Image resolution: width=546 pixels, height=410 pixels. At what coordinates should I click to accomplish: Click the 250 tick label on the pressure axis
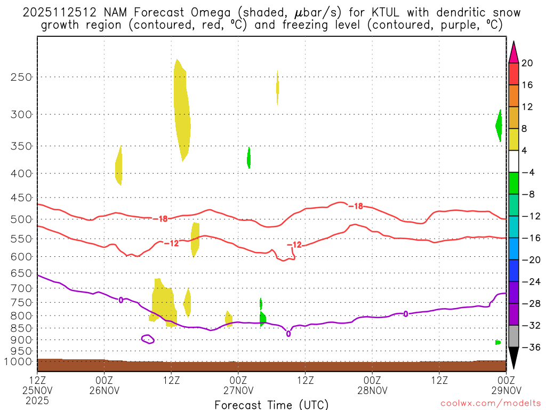pyautogui.click(x=22, y=77)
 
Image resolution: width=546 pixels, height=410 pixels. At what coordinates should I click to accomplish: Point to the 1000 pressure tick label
pyautogui.click(x=19, y=361)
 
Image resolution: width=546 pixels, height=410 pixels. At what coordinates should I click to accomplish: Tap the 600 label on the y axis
pyautogui.click(x=22, y=257)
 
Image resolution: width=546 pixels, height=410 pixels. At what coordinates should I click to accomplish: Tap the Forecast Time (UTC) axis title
pyautogui.click(x=271, y=404)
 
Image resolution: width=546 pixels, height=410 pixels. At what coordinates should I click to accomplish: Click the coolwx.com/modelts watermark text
pyautogui.click(x=491, y=404)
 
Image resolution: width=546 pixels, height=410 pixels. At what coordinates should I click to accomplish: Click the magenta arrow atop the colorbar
pyautogui.click(x=513, y=52)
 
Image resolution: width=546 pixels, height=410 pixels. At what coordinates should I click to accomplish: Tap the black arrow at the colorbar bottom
pyautogui.click(x=513, y=358)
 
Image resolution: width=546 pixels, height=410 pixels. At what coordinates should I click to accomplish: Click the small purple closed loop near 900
pyautogui.click(x=148, y=338)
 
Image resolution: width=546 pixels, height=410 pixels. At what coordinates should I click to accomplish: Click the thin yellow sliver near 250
pyautogui.click(x=277, y=86)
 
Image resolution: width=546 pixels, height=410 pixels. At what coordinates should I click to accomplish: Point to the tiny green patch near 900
pyautogui.click(x=497, y=342)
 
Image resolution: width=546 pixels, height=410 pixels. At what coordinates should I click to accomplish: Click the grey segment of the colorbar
pyautogui.click(x=513, y=336)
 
